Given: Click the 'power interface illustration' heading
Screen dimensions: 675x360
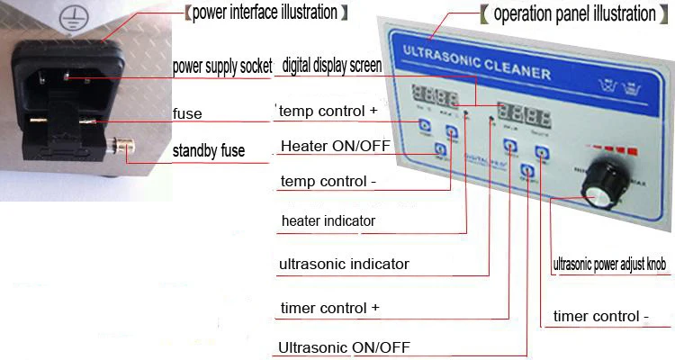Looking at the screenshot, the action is (265, 13).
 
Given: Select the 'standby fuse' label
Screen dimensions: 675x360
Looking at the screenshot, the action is (208, 150).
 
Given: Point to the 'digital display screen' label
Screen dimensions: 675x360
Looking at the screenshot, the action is (331, 66).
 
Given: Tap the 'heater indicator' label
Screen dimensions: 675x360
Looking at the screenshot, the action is (328, 220).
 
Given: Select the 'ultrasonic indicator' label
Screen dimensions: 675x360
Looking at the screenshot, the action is (344, 264).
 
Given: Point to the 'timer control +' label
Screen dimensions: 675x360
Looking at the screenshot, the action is (330, 307).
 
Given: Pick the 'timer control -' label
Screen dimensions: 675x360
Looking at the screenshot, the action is (600, 316).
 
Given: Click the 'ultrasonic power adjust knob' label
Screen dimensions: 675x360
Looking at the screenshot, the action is (609, 265).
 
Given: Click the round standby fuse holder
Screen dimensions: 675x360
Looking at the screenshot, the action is (121, 144).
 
